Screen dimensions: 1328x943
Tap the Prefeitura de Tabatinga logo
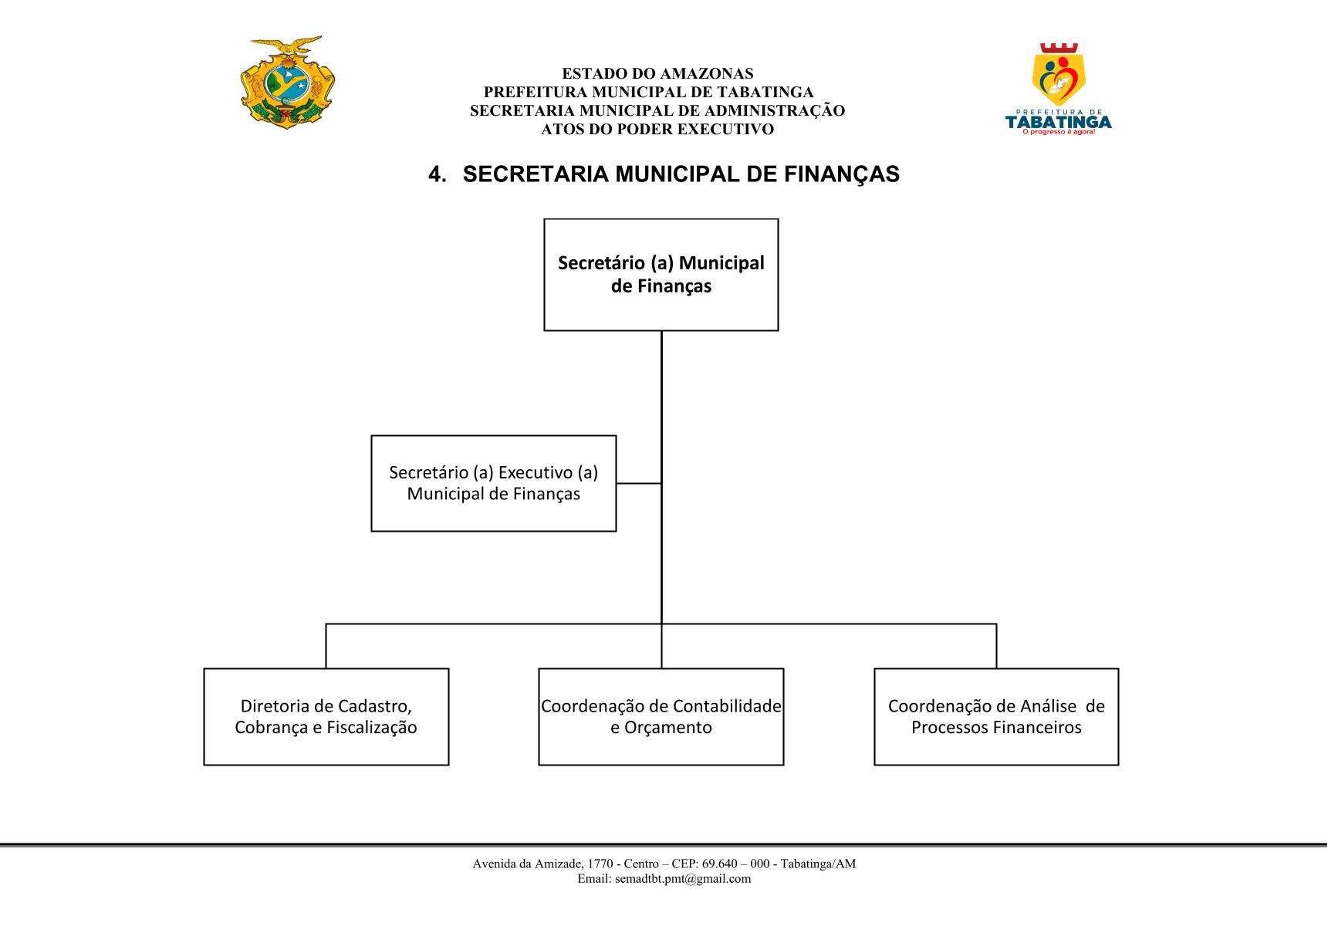click(x=1058, y=90)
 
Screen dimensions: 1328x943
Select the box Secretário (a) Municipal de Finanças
click(x=661, y=275)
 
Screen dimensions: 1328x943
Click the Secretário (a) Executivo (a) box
click(x=494, y=483)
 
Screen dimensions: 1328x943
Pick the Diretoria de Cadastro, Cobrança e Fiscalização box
click(x=326, y=717)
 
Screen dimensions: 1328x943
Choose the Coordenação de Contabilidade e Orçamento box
click(x=661, y=717)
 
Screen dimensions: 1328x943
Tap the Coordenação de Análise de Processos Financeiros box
click(x=996, y=717)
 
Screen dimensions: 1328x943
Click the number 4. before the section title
click(x=438, y=175)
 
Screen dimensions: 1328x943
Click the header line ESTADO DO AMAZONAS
click(x=657, y=74)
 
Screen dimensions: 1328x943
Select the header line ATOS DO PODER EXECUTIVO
click(x=657, y=130)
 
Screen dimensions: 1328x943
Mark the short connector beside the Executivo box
click(x=639, y=483)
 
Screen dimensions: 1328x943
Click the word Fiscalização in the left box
click(x=372, y=728)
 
